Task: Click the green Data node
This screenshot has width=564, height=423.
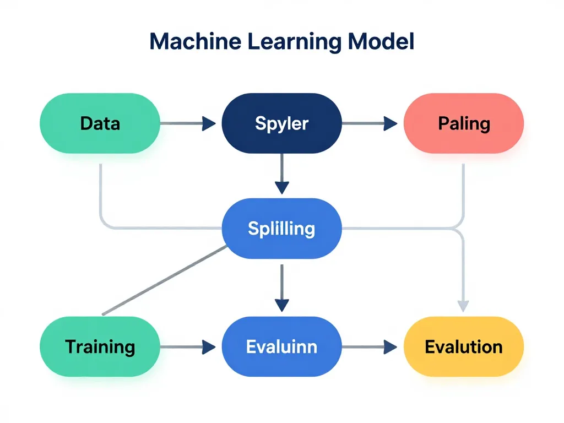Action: (x=100, y=123)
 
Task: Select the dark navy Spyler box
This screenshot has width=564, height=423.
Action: (x=281, y=123)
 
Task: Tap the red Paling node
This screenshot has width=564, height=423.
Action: (x=464, y=123)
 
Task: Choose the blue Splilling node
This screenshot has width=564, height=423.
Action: (x=281, y=228)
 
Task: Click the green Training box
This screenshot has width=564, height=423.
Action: (x=100, y=346)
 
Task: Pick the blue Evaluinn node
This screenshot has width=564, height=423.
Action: (x=281, y=346)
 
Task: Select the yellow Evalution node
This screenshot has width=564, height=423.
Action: (x=464, y=346)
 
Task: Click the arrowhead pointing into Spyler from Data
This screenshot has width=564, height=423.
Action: (x=209, y=123)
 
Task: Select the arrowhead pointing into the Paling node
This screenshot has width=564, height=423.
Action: (x=391, y=123)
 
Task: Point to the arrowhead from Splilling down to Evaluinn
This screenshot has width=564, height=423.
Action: (x=281, y=305)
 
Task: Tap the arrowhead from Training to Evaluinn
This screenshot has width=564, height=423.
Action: (x=209, y=346)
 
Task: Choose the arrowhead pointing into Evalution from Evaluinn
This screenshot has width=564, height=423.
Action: (x=391, y=346)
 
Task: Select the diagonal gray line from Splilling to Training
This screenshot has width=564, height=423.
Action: (x=165, y=280)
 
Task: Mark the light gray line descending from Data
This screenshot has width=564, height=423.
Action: (x=100, y=193)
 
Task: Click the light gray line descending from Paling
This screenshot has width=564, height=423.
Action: (x=463, y=193)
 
